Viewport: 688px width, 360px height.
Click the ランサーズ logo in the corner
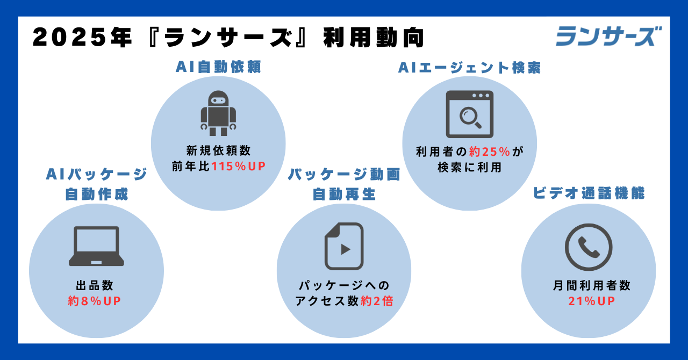tap(609, 36)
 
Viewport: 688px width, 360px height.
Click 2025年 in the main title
tap(82, 38)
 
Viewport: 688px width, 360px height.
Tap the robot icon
tap(218, 113)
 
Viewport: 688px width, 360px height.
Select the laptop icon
tap(96, 246)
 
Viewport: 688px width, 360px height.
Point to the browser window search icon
tap(470, 114)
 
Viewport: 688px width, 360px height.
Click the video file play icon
tap(344, 246)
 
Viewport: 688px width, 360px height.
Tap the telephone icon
tap(589, 247)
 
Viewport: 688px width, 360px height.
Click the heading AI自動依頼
tap(218, 67)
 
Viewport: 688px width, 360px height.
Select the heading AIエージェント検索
tap(469, 68)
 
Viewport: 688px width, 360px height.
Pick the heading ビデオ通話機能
tap(589, 193)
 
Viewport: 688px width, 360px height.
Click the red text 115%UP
tap(238, 166)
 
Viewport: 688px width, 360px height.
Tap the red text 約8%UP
tap(94, 301)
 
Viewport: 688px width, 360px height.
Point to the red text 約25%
tap(490, 152)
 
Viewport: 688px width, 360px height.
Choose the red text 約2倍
tap(377, 301)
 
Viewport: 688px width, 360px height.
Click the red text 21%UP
tap(592, 301)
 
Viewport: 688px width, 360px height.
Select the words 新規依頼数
tap(218, 150)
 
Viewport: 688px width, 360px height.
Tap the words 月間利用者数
tap(592, 285)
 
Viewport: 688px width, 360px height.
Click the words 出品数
tap(95, 285)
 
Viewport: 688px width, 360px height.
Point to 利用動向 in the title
tap(374, 38)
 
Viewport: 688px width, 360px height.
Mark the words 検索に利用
tap(469, 168)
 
